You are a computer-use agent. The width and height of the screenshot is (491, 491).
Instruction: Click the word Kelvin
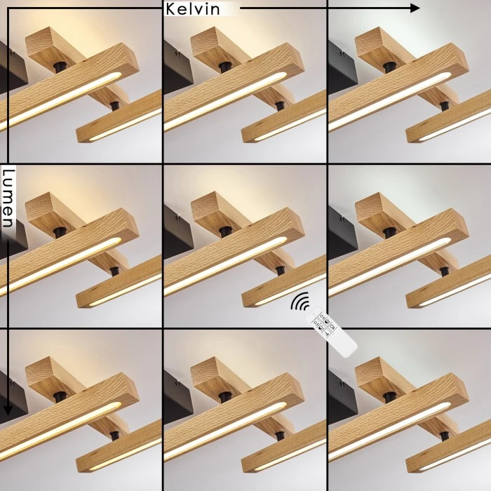click(192, 9)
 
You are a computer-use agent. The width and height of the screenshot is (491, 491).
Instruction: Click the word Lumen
click(8, 199)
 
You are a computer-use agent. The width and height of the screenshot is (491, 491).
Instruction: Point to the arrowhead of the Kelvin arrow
click(415, 8)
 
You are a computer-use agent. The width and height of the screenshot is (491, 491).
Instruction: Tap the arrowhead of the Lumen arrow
click(8, 410)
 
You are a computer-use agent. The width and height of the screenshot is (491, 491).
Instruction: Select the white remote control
click(331, 332)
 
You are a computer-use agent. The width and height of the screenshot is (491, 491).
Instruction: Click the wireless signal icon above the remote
click(300, 301)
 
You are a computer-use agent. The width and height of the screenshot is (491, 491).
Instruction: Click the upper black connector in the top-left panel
click(60, 67)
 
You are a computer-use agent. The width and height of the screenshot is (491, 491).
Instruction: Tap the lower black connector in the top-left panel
click(115, 106)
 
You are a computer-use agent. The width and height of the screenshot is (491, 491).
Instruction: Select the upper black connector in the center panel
click(225, 232)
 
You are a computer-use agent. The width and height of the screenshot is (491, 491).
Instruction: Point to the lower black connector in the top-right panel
click(444, 107)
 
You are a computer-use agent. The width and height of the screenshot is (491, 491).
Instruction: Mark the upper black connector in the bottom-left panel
click(60, 398)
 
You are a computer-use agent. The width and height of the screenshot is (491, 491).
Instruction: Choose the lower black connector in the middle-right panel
click(444, 271)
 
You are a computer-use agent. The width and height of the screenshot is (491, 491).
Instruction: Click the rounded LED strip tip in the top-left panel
click(116, 76)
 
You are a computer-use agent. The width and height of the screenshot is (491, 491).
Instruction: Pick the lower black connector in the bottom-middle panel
click(281, 436)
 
